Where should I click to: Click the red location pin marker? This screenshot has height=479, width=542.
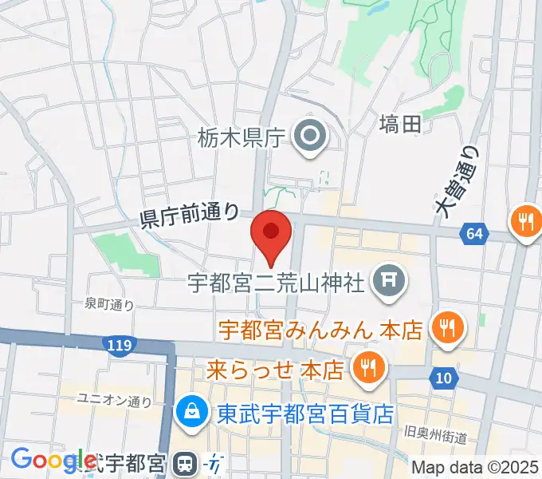(x=271, y=235)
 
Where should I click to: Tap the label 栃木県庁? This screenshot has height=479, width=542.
(x=240, y=138)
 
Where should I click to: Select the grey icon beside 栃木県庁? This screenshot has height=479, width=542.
(x=308, y=137)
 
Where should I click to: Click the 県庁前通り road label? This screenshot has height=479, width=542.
(x=189, y=214)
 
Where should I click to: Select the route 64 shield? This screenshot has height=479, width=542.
(x=473, y=234)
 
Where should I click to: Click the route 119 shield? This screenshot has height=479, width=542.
(x=117, y=344)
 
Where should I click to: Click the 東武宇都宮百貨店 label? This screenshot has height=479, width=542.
(x=306, y=414)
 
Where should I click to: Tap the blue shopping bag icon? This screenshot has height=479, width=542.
(x=192, y=413)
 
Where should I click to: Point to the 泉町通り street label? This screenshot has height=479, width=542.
(x=109, y=304)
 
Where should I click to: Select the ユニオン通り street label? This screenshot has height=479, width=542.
(x=113, y=400)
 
